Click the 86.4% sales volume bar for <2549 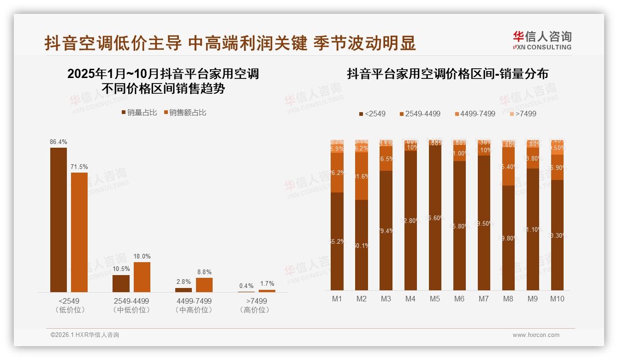point(58,220)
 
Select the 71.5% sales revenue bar point(79,232)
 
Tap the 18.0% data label point(142,256)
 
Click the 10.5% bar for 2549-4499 point(121,283)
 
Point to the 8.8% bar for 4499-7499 point(204,285)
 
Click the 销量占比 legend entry point(139,112)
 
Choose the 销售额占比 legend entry point(185,112)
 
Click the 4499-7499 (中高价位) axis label point(194,305)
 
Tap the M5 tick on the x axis point(435,299)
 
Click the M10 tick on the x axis point(557,299)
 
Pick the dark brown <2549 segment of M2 point(362,245)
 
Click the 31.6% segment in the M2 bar point(362,176)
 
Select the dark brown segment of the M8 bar point(508,238)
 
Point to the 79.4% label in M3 point(386,231)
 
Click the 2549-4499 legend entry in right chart point(420,114)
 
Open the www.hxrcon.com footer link point(536,335)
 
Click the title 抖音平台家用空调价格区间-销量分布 point(447,74)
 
